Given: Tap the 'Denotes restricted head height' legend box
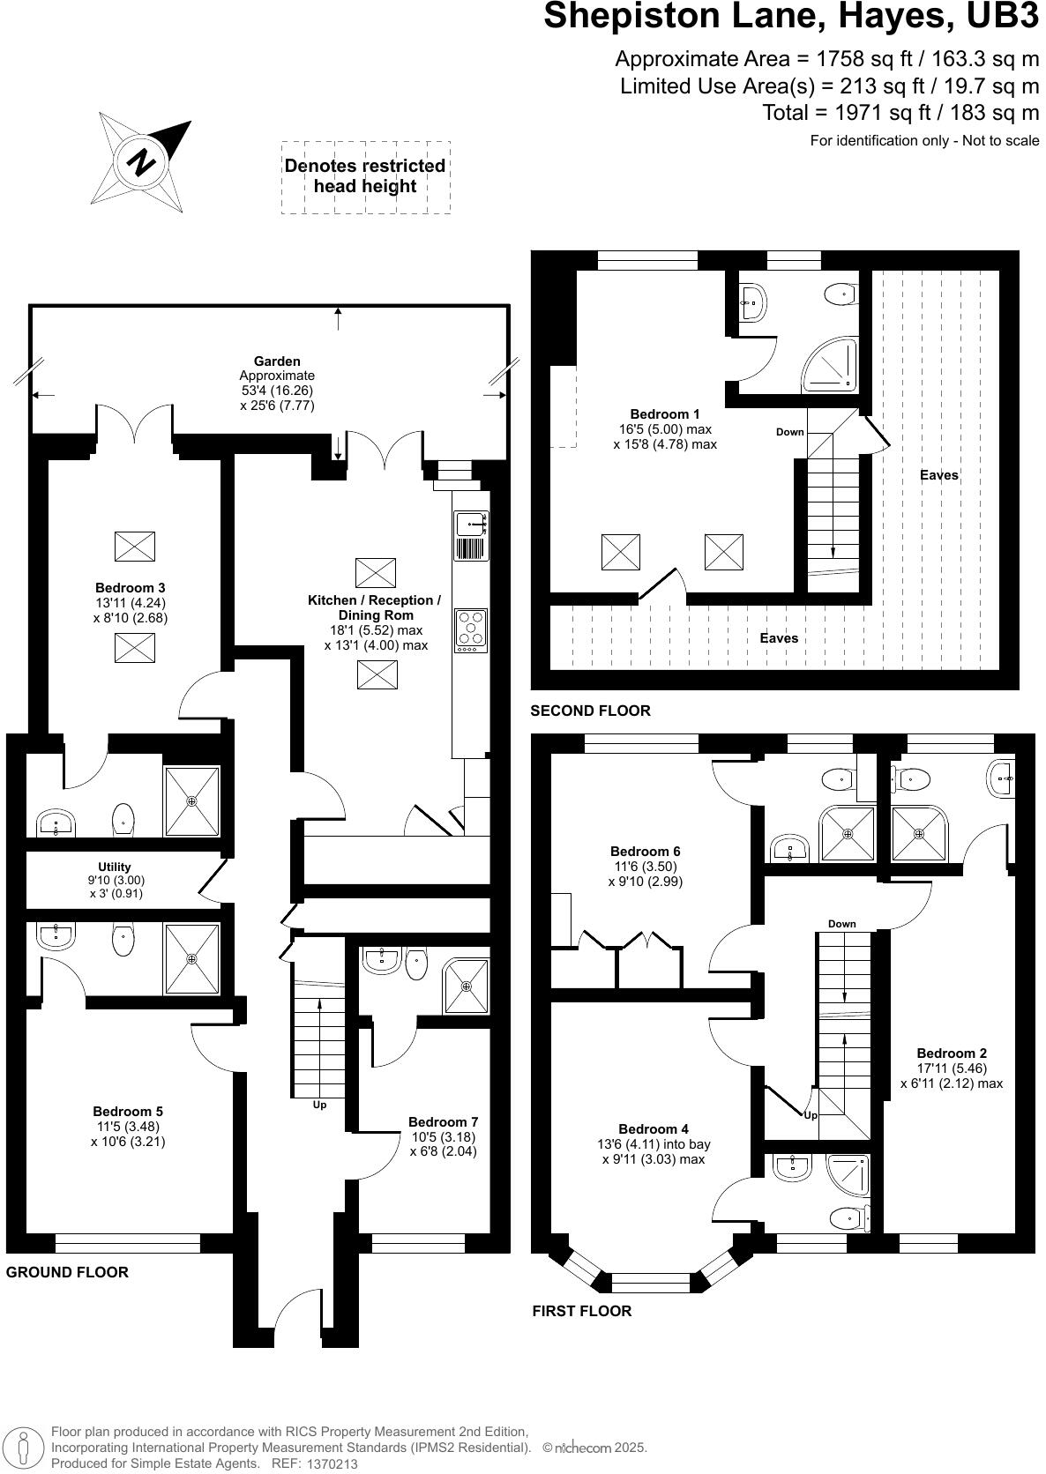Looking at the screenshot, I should tap(365, 176).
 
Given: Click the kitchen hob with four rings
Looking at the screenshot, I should tap(471, 629).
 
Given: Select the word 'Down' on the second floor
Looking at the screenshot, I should tap(789, 432).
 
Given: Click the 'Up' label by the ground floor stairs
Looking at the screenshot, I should tap(319, 1104).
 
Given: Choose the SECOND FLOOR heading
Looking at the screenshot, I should tap(590, 711).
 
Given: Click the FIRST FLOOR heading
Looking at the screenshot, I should tap(581, 1311).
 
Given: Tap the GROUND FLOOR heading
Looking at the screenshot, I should tap(67, 1272).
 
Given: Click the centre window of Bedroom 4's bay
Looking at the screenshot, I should tap(651, 1283).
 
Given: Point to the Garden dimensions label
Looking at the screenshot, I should tap(277, 383).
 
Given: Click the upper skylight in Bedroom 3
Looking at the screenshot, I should tap(135, 547).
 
